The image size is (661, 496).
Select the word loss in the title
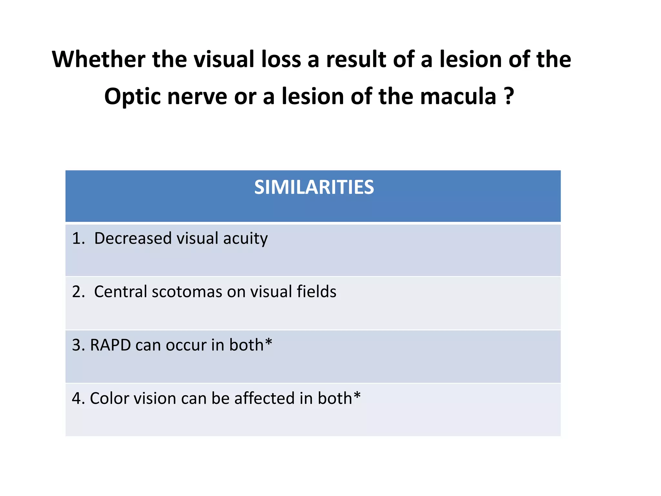pyautogui.click(x=281, y=59)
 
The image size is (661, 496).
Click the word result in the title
pyautogui.click(x=356, y=59)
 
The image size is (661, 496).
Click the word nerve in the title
pyautogui.click(x=197, y=97)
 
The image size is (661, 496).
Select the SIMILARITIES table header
pyautogui.click(x=314, y=187)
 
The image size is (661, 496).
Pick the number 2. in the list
pyautogui.click(x=78, y=292)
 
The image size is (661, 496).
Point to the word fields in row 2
pyautogui.click(x=316, y=292)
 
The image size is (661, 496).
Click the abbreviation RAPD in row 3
pyautogui.click(x=110, y=345)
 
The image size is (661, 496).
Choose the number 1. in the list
pyautogui.click(x=78, y=238)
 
